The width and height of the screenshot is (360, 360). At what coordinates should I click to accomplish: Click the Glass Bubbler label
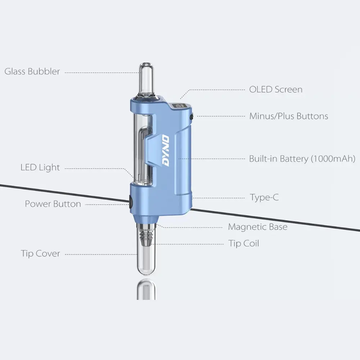pyautogui.click(x=32, y=71)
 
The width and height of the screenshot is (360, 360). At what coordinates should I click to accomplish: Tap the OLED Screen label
pyautogui.click(x=276, y=89)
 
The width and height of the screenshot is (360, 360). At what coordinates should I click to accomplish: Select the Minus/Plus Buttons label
pyautogui.click(x=289, y=116)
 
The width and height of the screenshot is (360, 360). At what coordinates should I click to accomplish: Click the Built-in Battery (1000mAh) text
pyautogui.click(x=302, y=158)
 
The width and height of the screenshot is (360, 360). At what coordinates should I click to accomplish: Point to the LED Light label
pyautogui.click(x=40, y=167)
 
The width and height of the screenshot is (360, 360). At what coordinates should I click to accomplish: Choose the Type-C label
pyautogui.click(x=264, y=197)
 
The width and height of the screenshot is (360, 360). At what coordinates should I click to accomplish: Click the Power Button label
pyautogui.click(x=53, y=204)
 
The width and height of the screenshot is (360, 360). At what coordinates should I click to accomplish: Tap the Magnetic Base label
pyautogui.click(x=258, y=227)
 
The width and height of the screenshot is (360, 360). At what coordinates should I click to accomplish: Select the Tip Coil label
pyautogui.click(x=244, y=244)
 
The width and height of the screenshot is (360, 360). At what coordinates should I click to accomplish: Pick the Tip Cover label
pyautogui.click(x=40, y=253)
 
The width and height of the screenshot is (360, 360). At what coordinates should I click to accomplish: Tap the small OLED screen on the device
pyautogui.click(x=178, y=107)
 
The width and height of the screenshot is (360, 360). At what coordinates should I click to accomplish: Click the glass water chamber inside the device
pyautogui.click(x=144, y=151)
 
